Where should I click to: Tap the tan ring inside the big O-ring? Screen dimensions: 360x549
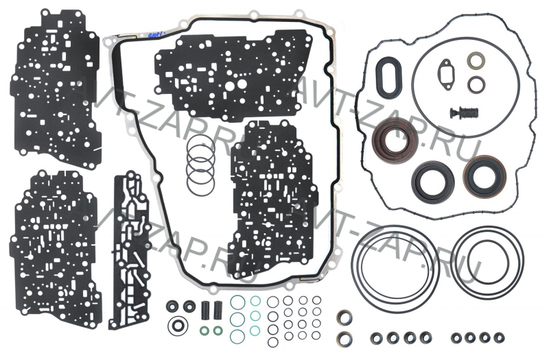tap(476, 62)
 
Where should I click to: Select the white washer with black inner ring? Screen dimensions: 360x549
tap(180, 325)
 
